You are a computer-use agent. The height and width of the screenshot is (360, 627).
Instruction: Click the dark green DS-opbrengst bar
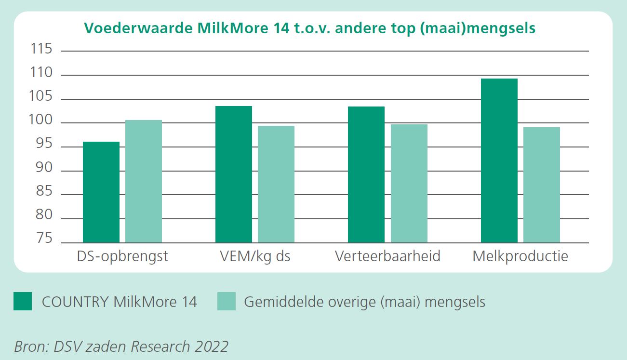(101, 192)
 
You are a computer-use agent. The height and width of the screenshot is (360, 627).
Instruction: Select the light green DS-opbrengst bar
(144, 181)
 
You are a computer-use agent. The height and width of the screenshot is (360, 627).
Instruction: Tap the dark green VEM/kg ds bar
(234, 174)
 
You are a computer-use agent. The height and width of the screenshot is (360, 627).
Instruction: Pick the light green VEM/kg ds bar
(276, 184)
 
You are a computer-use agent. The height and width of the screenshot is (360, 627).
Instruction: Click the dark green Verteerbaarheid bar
(366, 174)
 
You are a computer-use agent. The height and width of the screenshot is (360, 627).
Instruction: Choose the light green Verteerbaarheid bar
(409, 183)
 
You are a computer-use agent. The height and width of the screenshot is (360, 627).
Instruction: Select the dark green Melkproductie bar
(499, 160)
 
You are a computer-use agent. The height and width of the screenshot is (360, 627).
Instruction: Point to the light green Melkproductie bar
(542, 185)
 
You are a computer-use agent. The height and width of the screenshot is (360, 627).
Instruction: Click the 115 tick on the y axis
(41, 48)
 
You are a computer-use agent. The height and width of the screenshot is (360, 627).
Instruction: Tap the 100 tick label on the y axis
(40, 120)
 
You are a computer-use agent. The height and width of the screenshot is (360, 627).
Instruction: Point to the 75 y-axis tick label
(44, 238)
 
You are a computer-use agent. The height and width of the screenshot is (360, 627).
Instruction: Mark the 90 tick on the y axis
(44, 167)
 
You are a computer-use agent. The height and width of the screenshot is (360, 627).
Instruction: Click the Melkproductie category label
(520, 256)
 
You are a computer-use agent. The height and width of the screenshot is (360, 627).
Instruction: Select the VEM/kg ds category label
(255, 256)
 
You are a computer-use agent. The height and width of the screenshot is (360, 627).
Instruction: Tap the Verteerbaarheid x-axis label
(387, 256)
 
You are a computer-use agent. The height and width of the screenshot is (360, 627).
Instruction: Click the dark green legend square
(23, 301)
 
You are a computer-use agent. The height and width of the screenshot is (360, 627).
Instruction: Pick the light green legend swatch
(227, 301)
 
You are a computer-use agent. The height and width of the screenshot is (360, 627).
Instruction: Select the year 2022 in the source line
(212, 347)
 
